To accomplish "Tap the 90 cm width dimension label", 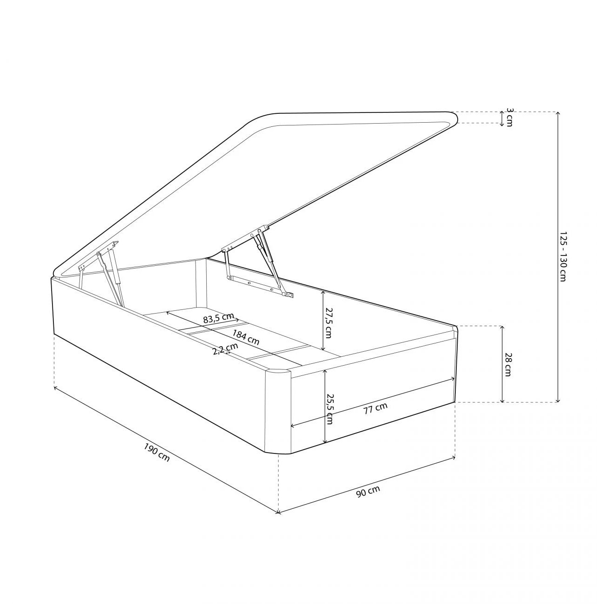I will pyautogui.click(x=368, y=491).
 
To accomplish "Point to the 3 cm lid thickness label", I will pyautogui.click(x=510, y=118).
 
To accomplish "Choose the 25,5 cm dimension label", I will pyautogui.click(x=330, y=409).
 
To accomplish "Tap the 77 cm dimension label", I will pyautogui.click(x=375, y=408).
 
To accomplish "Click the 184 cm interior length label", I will pyautogui.click(x=246, y=338).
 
